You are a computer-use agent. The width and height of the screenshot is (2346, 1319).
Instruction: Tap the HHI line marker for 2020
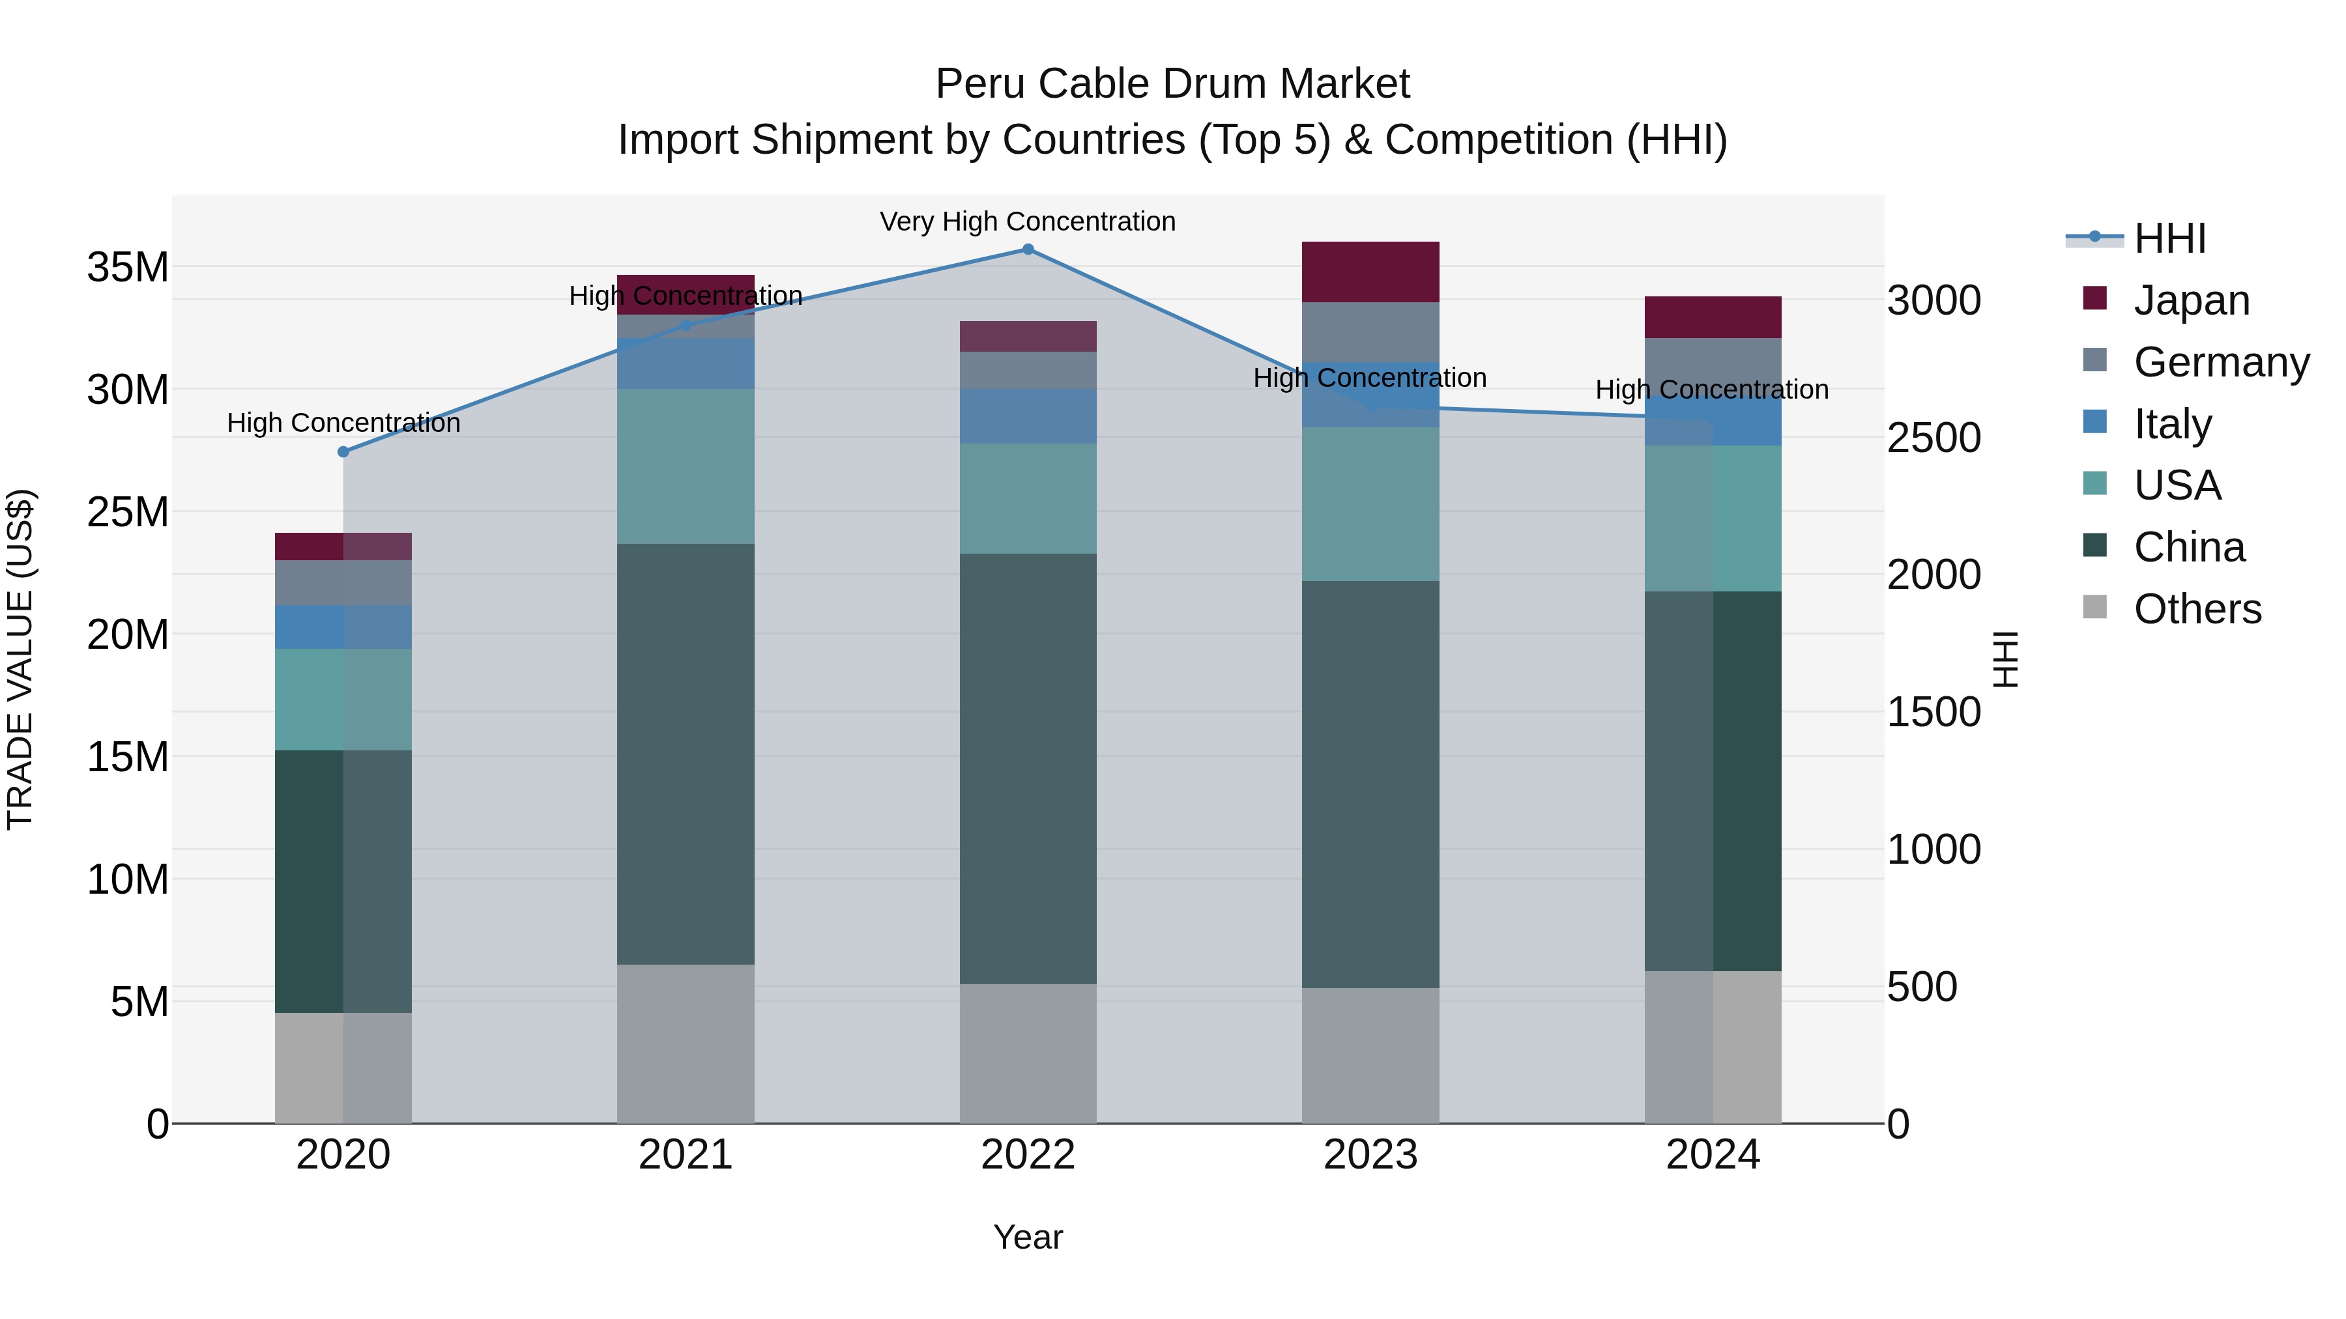tap(343, 451)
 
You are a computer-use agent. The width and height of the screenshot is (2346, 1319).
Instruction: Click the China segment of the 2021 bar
tap(685, 754)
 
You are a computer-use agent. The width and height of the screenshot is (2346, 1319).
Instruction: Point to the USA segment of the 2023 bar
tap(1370, 503)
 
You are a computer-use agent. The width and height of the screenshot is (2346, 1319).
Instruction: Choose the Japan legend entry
tap(2190, 300)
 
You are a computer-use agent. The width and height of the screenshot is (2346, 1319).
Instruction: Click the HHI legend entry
tap(2169, 238)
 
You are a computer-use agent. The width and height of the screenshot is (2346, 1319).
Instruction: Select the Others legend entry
tap(2197, 608)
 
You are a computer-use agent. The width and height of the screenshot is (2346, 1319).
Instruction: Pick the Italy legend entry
tap(2172, 423)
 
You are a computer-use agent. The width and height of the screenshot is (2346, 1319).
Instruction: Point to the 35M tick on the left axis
tap(128, 268)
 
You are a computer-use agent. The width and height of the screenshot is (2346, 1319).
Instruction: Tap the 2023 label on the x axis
tap(1370, 1155)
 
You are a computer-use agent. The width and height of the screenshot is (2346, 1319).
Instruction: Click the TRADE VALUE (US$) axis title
tap(20, 659)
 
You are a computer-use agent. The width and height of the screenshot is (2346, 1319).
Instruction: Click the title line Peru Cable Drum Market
tap(1172, 84)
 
